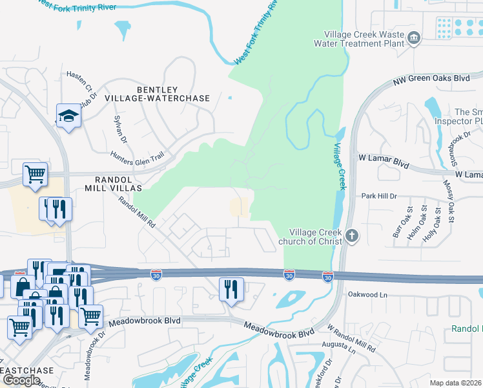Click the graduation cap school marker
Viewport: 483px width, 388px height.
[68, 116]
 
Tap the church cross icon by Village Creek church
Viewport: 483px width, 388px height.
[352, 235]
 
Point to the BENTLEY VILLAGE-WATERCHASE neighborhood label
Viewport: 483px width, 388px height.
[173, 93]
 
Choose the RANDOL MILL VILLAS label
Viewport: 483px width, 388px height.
[113, 183]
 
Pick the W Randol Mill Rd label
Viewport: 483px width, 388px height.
[351, 338]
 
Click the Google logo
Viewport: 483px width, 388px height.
[21, 380]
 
